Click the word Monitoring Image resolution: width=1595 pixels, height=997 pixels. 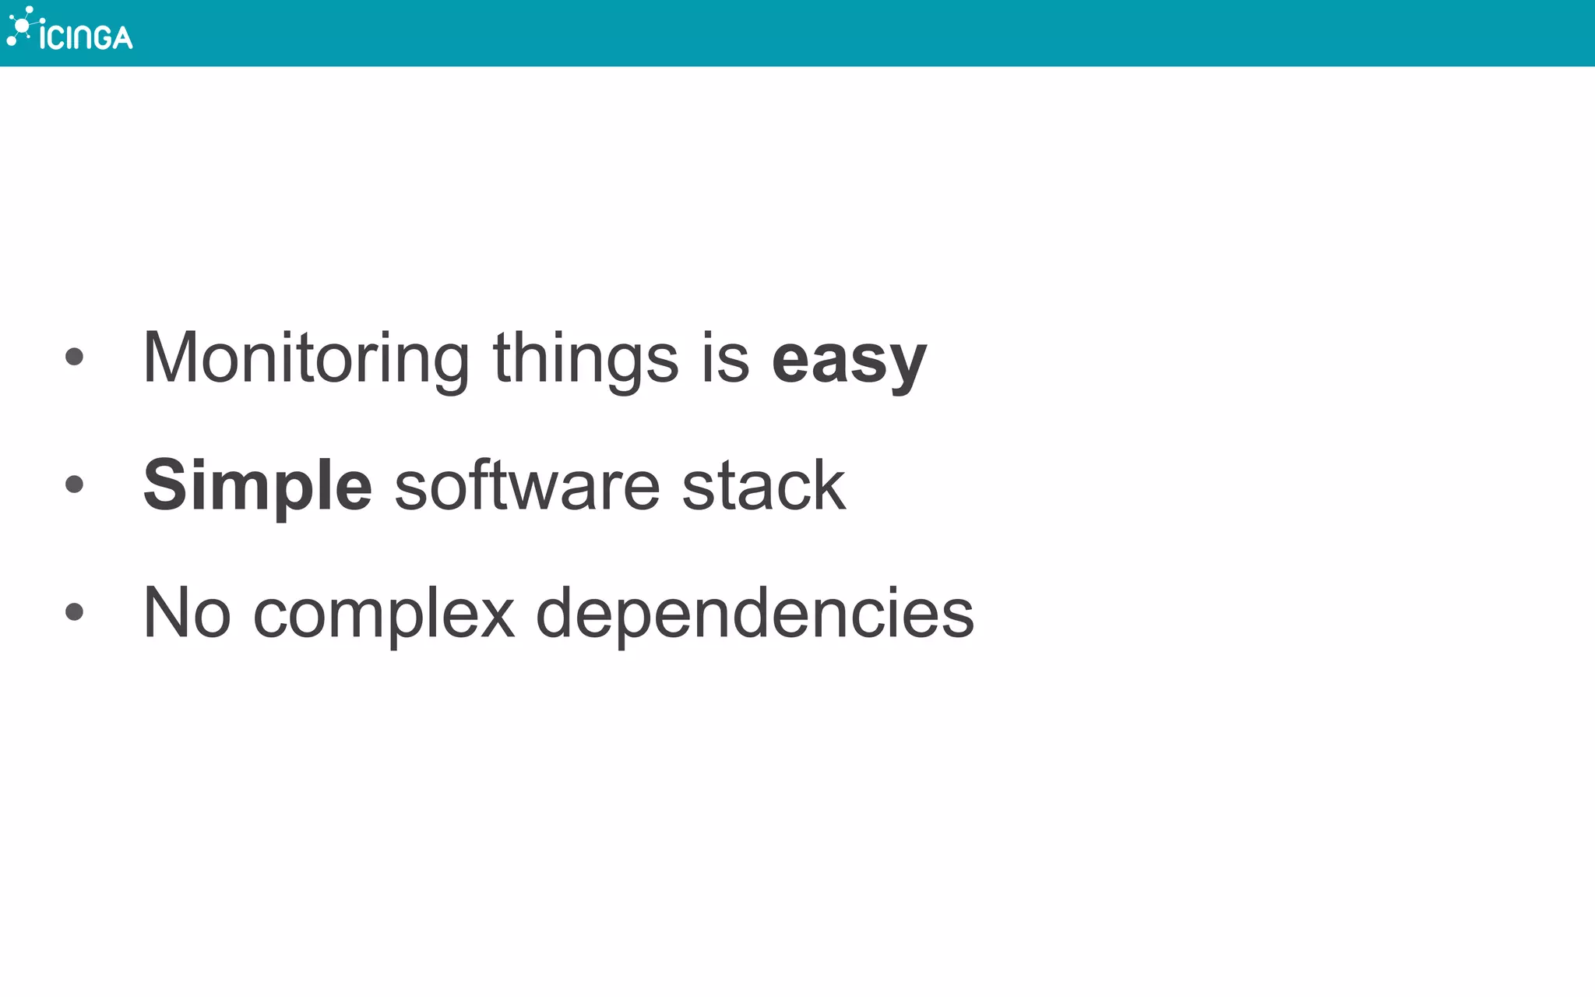[306, 358]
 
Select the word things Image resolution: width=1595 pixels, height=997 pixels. [586, 358]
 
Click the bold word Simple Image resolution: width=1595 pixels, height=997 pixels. [258, 486]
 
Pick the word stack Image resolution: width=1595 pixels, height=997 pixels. [764, 486]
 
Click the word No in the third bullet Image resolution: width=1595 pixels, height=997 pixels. [187, 613]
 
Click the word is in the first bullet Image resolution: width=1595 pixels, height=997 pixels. [725, 358]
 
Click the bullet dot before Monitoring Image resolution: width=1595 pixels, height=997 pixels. [75, 357]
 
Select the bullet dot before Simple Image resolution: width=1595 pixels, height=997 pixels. [75, 484]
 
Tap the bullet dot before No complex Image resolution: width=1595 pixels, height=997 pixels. [75, 611]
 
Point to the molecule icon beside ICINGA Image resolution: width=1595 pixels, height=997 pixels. [22, 26]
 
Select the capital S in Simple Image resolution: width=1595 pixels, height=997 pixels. [165, 484]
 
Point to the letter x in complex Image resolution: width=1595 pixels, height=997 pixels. [496, 615]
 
